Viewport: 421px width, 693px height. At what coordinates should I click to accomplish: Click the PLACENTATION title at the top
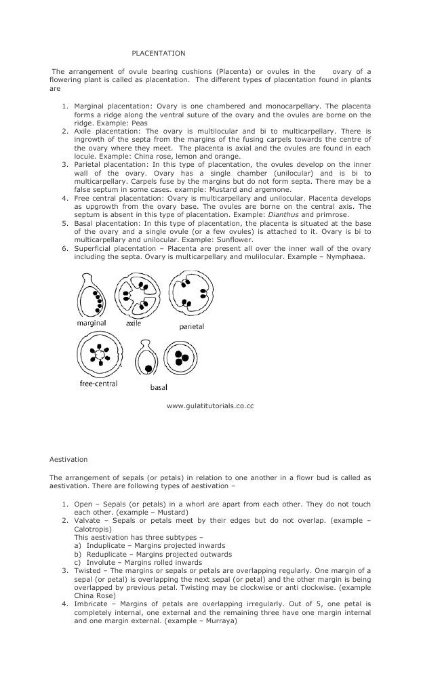(158, 53)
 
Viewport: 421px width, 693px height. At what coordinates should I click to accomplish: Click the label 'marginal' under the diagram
(91, 323)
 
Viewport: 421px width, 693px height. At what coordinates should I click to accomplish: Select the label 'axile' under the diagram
(134, 323)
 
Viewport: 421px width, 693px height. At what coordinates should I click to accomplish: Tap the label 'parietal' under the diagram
(191, 326)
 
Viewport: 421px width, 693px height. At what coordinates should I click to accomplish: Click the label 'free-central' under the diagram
(98, 384)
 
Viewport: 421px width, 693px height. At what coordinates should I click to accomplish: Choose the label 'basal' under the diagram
(159, 387)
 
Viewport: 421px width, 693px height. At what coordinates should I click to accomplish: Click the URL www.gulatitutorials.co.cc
(209, 405)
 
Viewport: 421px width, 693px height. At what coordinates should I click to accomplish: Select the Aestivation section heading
(67, 459)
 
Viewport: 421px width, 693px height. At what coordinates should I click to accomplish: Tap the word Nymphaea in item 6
(348, 257)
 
